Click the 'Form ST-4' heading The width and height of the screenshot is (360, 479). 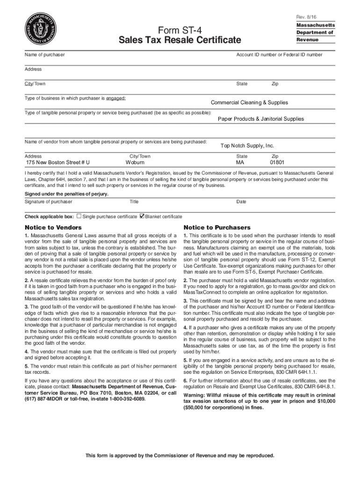(x=180, y=30)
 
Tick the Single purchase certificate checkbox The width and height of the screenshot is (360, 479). (x=79, y=216)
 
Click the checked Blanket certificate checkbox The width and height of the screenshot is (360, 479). (x=142, y=216)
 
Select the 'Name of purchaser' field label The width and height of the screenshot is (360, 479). (x=44, y=55)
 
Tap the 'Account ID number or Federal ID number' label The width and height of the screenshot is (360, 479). (x=279, y=55)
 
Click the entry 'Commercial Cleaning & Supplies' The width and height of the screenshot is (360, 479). (x=249, y=102)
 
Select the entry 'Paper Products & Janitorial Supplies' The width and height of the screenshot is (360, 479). (x=260, y=119)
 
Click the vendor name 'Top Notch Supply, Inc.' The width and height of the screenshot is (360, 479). (x=247, y=145)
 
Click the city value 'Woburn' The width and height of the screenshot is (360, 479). (x=135, y=163)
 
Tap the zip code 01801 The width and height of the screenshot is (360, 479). (x=277, y=163)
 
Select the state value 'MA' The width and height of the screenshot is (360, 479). (x=240, y=163)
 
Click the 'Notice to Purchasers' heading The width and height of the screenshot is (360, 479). (x=217, y=227)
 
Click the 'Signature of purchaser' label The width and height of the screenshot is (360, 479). (x=48, y=202)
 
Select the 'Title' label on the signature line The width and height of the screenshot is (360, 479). (x=134, y=202)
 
